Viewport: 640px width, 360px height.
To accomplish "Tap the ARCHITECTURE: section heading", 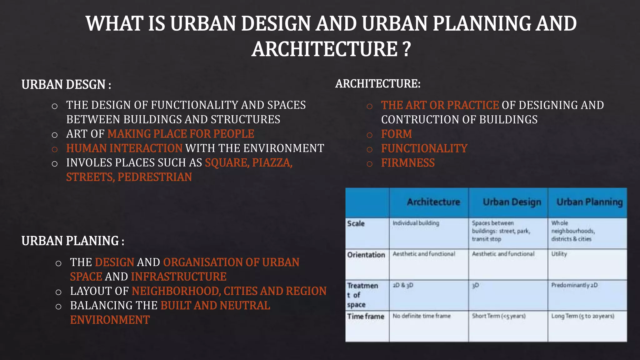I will (x=378, y=84).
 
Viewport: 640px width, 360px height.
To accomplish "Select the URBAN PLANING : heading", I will (x=73, y=241).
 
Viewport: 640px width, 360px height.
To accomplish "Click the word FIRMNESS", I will (x=408, y=163).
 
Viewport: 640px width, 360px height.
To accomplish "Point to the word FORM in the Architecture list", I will (x=396, y=134).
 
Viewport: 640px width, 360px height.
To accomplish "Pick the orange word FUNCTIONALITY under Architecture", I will (x=424, y=148).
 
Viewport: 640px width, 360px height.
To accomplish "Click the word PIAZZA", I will (x=272, y=163).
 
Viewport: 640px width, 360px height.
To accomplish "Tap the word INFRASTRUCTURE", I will (x=179, y=277).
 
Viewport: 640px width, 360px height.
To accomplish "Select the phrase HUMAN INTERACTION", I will (x=124, y=148).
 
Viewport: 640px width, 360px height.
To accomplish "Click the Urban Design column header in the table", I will (x=512, y=202).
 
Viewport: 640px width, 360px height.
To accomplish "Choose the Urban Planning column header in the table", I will (x=589, y=202).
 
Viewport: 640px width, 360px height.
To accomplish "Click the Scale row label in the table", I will (x=356, y=224).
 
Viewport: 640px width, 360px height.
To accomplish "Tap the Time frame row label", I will (x=366, y=317).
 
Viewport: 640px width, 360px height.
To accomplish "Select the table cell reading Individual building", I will (x=416, y=223).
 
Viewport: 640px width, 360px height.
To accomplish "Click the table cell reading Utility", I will (x=559, y=254).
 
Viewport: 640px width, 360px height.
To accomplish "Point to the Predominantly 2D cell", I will (x=574, y=285).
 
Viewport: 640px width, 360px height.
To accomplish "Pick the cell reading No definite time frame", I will (x=422, y=316).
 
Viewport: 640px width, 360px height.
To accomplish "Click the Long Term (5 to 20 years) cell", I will (x=582, y=316).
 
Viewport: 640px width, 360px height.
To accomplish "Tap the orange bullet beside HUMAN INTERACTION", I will (x=55, y=149).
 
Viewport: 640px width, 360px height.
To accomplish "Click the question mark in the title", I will (x=406, y=49).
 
